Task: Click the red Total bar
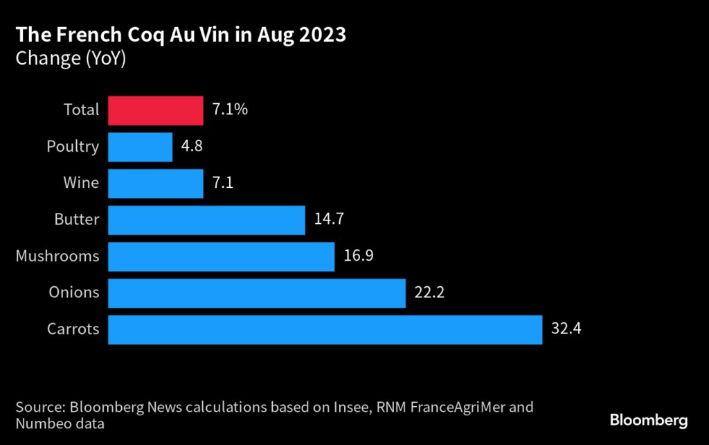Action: (x=156, y=110)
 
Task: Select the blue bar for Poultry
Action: (x=141, y=147)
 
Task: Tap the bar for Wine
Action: (x=156, y=184)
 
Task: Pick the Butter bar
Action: (x=207, y=220)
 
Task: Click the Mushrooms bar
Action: (x=222, y=256)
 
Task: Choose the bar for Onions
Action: (x=257, y=293)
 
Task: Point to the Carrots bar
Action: (x=325, y=330)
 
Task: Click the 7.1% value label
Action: (x=231, y=110)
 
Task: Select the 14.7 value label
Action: (x=329, y=220)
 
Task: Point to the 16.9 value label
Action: (x=359, y=256)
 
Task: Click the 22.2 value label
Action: (x=429, y=293)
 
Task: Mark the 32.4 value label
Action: (x=566, y=330)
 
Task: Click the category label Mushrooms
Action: (x=57, y=256)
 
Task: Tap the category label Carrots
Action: (x=73, y=330)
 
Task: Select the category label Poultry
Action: (x=73, y=147)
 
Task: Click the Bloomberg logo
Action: (x=648, y=420)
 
